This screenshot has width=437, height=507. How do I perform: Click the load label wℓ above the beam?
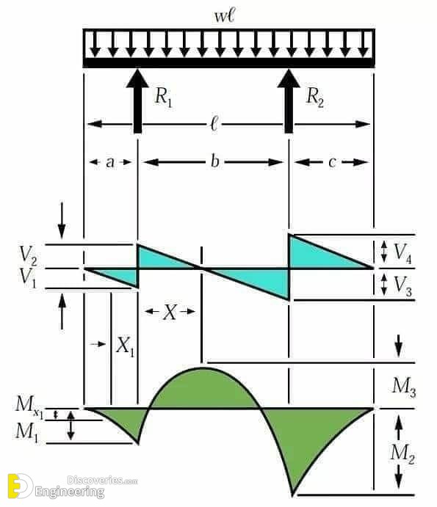(229, 13)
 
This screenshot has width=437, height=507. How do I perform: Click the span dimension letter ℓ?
(214, 125)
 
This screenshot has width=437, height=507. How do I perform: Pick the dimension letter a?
(110, 162)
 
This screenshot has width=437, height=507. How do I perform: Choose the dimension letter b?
(214, 161)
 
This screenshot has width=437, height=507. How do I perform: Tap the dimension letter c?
(332, 162)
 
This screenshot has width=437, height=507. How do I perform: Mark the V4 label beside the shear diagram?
(402, 252)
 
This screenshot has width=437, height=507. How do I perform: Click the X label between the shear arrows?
(170, 313)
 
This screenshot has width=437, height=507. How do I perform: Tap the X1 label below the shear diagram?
(126, 346)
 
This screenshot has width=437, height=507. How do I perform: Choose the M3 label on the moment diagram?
(404, 386)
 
